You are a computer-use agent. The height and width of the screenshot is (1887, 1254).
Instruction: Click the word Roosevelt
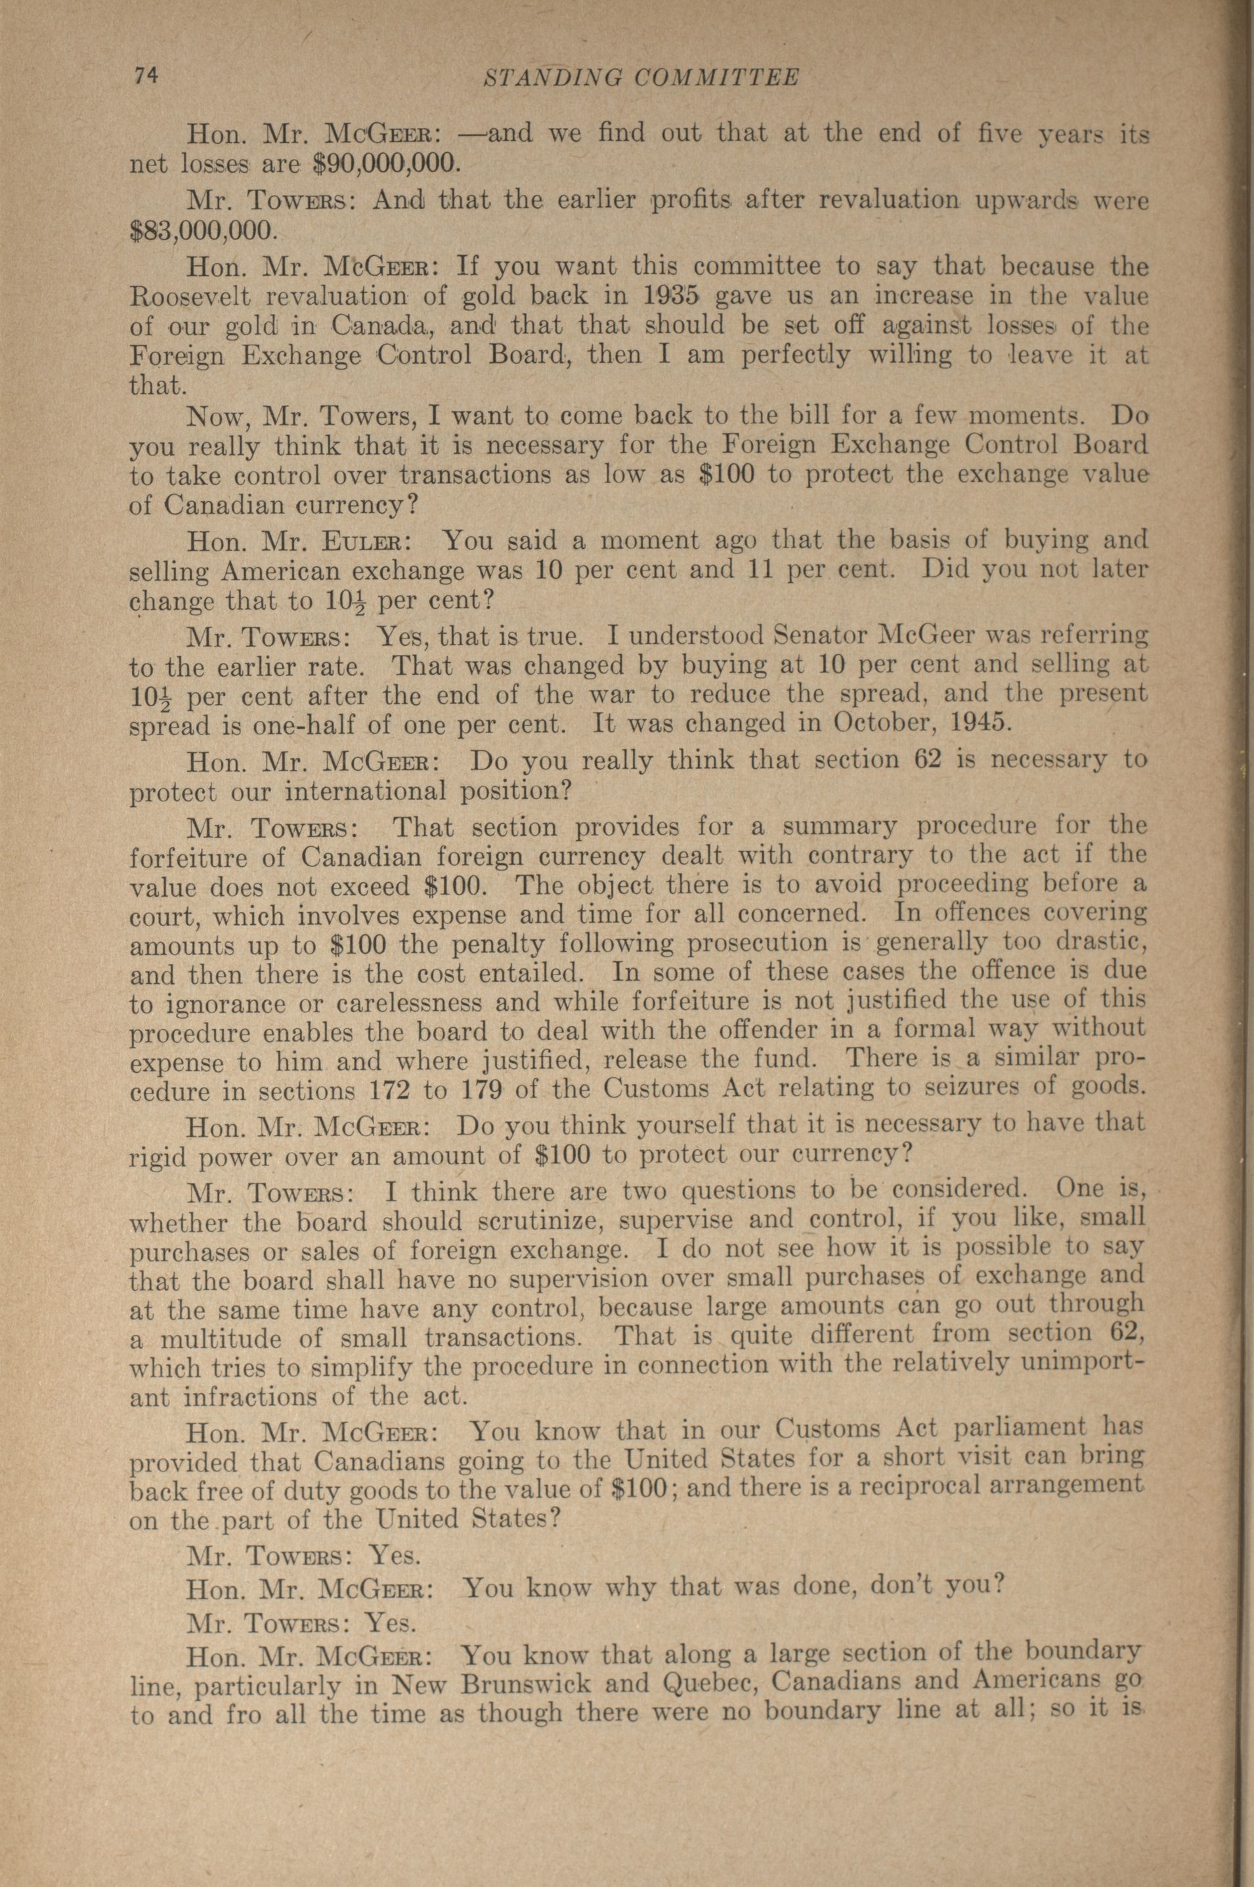pyautogui.click(x=190, y=297)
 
